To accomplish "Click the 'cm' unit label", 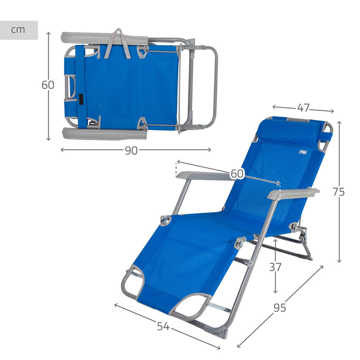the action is tap(18, 30).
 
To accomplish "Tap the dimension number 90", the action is tap(131, 151).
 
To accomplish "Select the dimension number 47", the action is tap(303, 108).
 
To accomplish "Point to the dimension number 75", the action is tap(339, 192).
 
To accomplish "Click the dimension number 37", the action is tap(275, 267).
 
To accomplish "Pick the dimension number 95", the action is tap(280, 308).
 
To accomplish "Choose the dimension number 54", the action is tap(163, 326).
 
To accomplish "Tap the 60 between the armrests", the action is tap(237, 174).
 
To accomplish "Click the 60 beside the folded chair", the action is tap(48, 85).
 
